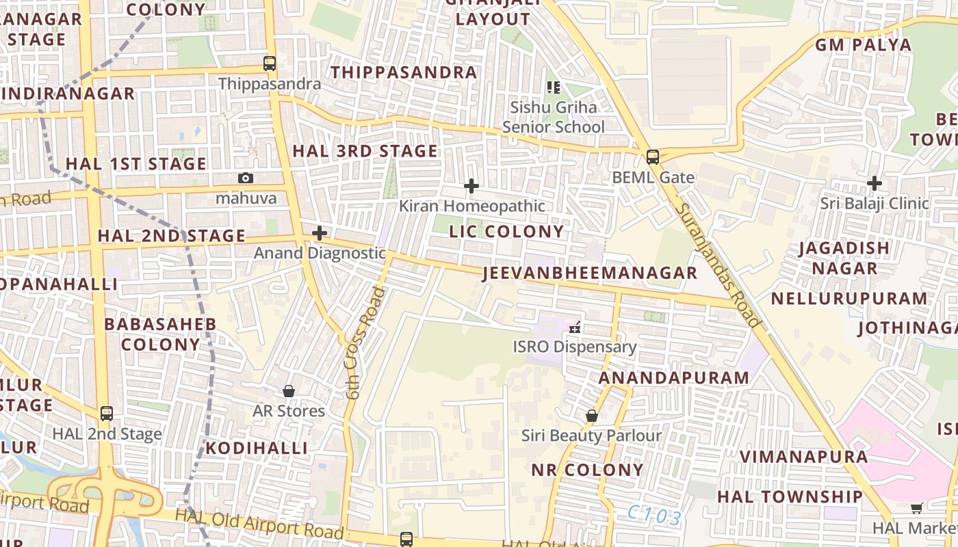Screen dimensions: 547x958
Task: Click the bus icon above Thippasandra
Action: (x=270, y=64)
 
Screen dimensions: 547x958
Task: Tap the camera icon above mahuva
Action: (x=246, y=178)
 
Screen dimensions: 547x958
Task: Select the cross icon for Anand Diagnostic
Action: (x=319, y=233)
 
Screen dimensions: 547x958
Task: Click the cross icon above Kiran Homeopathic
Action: (x=471, y=186)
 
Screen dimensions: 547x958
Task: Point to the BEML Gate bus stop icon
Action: (x=653, y=157)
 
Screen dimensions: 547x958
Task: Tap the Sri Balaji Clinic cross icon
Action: (x=874, y=183)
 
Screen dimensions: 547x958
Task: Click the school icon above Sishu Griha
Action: (x=554, y=87)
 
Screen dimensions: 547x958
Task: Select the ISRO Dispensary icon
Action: (x=575, y=327)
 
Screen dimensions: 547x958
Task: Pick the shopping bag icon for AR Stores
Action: (x=289, y=391)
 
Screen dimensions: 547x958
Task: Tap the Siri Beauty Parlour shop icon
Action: (x=591, y=416)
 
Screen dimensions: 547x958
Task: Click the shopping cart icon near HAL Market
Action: (x=916, y=508)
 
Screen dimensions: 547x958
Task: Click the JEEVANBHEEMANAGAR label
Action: (x=589, y=273)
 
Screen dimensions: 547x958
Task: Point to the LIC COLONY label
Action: (x=506, y=232)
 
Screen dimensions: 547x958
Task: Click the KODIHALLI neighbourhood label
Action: (x=257, y=449)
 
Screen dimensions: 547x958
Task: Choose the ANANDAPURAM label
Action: (x=674, y=378)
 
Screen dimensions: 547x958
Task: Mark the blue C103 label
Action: (x=656, y=516)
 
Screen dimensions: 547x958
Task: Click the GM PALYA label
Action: (x=863, y=45)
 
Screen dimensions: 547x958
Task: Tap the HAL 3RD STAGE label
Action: (x=365, y=151)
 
